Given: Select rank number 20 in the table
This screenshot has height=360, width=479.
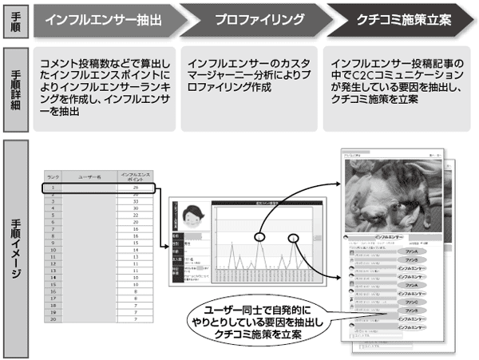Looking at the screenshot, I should [x=53, y=318].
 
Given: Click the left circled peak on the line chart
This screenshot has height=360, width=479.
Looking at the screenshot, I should [x=260, y=236].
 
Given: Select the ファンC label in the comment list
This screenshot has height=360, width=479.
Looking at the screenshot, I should [x=410, y=303].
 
